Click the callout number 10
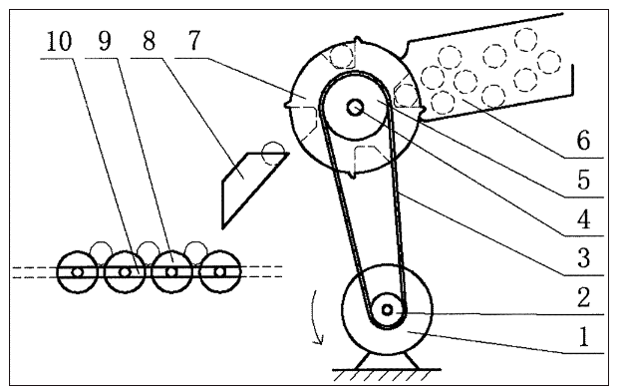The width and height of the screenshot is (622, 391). tap(60, 41)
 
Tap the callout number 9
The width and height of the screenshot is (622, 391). tap(105, 41)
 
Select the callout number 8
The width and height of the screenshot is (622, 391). tap(149, 41)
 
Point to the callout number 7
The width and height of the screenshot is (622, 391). tap(193, 41)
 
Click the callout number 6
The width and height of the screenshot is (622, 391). tap(583, 141)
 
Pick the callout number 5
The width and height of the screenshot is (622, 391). tap(583, 180)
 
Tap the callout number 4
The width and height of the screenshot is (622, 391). tap(583, 219)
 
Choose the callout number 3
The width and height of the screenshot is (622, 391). tap(583, 258)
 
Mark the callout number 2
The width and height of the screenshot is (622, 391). tap(583, 297)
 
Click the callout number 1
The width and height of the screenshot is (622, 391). tap(584, 336)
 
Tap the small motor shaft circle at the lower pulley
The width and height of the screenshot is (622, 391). tap(387, 309)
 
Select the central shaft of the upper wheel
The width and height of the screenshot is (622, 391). tap(355, 107)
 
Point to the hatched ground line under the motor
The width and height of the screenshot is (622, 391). tap(387, 370)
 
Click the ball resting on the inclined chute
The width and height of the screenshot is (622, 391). tap(272, 154)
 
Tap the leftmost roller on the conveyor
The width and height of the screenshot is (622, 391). tap(78, 272)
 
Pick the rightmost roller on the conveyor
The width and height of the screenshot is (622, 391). tap(220, 272)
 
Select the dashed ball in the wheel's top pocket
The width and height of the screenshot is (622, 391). tap(342, 56)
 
